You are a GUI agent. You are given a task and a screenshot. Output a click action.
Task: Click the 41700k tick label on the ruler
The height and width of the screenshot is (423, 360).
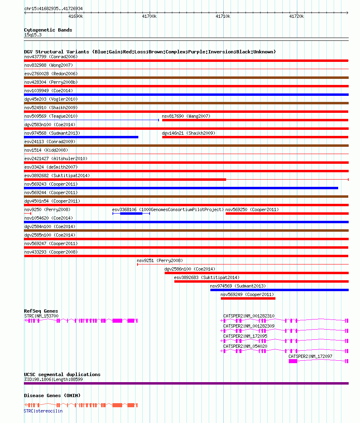(x=149, y=16)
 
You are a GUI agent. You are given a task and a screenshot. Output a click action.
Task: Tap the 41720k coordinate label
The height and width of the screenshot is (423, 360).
(x=296, y=16)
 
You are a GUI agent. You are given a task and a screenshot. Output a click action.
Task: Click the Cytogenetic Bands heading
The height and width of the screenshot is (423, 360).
(x=48, y=30)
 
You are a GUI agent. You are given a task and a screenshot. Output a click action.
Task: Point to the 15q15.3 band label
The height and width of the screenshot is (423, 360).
(x=33, y=35)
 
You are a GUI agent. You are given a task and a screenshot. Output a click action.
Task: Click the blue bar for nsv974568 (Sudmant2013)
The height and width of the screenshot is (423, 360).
(x=81, y=137)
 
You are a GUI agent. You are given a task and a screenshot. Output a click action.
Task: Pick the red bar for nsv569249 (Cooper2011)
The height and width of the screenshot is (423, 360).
(x=248, y=298)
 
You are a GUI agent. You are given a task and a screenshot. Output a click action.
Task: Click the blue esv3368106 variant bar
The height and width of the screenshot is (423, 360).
(x=131, y=213)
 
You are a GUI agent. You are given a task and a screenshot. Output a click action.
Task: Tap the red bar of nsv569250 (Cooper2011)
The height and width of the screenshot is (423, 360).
(x=287, y=213)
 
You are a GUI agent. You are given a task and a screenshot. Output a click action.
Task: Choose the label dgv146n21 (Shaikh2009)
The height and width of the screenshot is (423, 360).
(x=188, y=133)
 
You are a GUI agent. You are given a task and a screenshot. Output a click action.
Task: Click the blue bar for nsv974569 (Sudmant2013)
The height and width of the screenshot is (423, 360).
(x=279, y=290)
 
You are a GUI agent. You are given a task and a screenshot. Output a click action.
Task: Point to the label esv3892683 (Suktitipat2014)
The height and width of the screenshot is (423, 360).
(x=206, y=277)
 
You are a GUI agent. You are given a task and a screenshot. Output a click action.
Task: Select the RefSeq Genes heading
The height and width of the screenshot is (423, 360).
(x=41, y=311)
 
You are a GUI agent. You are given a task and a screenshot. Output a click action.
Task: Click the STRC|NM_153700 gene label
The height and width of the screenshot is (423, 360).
(x=41, y=316)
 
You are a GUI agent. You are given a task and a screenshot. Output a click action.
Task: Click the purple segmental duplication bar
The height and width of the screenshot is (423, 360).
(x=186, y=383)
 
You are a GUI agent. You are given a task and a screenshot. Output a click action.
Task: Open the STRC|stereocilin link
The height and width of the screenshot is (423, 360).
(x=43, y=411)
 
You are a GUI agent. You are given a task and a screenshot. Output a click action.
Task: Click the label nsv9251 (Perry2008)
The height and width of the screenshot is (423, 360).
(x=159, y=260)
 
